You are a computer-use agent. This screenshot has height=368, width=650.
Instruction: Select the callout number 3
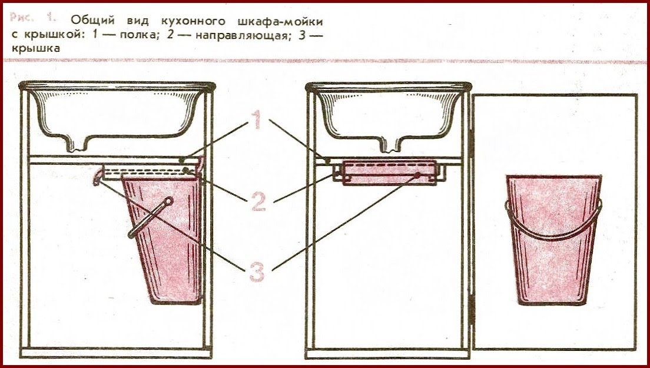(x=256, y=273)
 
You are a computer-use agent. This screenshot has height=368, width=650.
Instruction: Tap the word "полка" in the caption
(x=132, y=35)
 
